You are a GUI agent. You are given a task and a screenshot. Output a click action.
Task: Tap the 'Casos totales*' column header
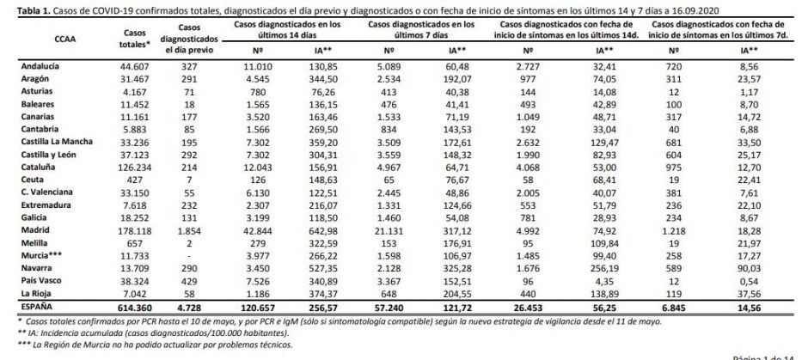pyautogui.click(x=132, y=37)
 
